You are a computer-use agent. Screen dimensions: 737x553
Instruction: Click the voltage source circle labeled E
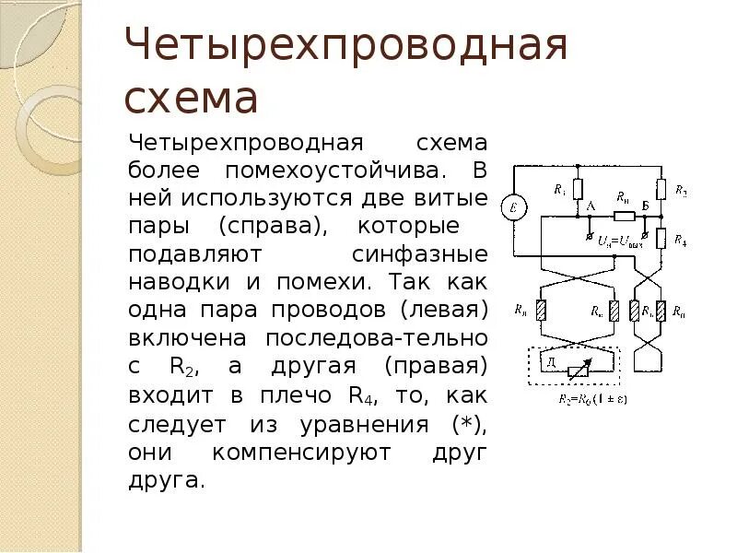click(512, 208)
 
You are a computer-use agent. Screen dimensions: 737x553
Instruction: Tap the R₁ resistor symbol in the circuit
click(577, 190)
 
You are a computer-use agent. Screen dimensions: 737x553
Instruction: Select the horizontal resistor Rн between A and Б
click(624, 216)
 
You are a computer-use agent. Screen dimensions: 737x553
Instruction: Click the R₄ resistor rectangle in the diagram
click(661, 241)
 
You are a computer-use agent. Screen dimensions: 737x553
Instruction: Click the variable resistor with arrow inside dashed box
click(579, 370)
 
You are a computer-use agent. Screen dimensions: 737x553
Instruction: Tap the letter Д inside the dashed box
click(551, 365)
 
